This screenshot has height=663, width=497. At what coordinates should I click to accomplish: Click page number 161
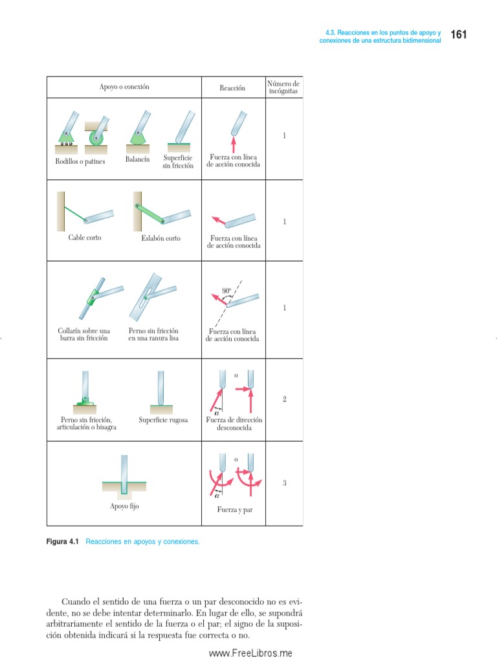[458, 34]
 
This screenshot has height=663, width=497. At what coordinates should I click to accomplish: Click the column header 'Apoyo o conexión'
[124, 87]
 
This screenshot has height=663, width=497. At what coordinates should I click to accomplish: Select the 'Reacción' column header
[232, 88]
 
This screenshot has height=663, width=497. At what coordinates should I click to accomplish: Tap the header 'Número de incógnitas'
[283, 88]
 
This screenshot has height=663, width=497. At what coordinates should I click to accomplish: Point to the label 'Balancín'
[137, 159]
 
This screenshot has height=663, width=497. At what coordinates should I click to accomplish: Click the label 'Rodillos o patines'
[80, 161]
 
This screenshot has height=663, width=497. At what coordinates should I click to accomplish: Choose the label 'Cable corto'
[85, 238]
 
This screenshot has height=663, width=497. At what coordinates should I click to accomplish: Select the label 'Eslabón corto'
[160, 238]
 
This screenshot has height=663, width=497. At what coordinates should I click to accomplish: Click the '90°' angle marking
[226, 291]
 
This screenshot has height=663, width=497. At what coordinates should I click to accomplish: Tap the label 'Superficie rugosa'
[163, 420]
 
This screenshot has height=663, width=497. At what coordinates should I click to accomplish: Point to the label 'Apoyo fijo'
[124, 506]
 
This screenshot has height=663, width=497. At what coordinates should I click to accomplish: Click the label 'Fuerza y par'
[235, 510]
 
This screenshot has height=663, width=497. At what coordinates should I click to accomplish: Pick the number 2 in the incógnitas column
[284, 399]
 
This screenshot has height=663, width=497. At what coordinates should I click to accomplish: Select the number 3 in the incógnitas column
[284, 482]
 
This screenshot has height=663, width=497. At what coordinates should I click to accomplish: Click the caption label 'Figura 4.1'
[63, 541]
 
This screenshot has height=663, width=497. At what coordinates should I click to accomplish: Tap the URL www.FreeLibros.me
[250, 653]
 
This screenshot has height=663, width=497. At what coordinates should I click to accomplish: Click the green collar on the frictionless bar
[93, 298]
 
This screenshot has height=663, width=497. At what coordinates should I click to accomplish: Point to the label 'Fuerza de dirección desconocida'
[234, 424]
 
